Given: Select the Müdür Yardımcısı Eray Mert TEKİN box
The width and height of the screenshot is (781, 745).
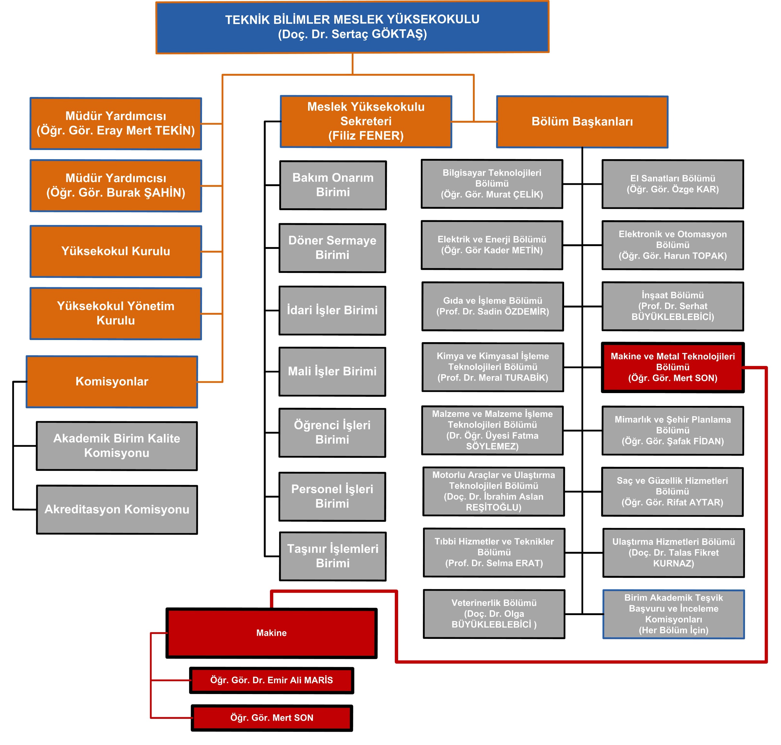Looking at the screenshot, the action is (116, 124).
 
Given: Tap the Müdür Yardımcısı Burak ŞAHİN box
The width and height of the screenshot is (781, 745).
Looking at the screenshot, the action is (116, 185).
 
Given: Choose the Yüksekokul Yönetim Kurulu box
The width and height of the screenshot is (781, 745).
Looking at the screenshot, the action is (116, 313).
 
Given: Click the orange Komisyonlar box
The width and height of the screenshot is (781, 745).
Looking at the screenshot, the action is (112, 381).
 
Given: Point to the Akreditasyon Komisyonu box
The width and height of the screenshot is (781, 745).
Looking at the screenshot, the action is (117, 510).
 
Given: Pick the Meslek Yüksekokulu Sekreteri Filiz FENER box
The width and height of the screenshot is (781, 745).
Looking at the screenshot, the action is (366, 121).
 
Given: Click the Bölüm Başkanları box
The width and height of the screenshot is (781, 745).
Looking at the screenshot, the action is (582, 121).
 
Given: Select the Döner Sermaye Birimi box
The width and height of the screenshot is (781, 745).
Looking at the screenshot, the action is (333, 248).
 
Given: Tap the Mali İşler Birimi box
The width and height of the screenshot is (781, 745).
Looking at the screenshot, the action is (333, 371).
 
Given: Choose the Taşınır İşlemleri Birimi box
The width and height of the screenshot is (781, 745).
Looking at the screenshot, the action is (333, 556).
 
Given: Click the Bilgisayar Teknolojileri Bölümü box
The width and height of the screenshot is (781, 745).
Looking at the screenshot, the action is (492, 184).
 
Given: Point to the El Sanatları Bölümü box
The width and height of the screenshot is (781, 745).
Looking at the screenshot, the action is (673, 184).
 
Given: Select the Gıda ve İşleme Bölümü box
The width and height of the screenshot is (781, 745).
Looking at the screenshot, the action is (493, 306).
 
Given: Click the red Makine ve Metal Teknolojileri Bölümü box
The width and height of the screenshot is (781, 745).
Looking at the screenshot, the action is (673, 367).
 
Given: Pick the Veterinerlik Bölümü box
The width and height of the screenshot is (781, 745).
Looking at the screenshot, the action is (494, 614).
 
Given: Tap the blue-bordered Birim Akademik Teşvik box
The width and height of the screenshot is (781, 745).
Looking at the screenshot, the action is (673, 614).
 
